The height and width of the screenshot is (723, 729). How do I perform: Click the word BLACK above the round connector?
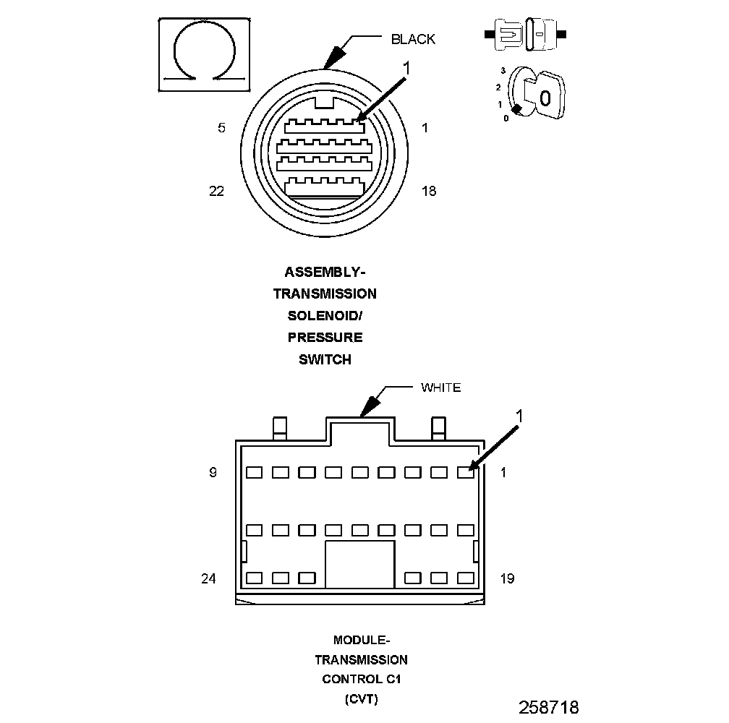pyautogui.click(x=413, y=39)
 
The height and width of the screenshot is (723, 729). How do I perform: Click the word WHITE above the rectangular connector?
pyautogui.click(x=440, y=388)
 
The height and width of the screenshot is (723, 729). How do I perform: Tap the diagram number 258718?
pyautogui.click(x=548, y=706)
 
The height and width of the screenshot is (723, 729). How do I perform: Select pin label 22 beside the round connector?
pyautogui.click(x=216, y=191)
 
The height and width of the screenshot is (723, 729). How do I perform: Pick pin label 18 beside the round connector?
pyautogui.click(x=429, y=191)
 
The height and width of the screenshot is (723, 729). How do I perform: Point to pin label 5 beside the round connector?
pyautogui.click(x=221, y=128)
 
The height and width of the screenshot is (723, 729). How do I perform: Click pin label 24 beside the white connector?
pyautogui.click(x=209, y=578)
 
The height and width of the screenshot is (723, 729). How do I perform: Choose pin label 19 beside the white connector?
pyautogui.click(x=507, y=578)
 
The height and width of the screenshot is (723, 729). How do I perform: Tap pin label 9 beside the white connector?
pyautogui.click(x=213, y=473)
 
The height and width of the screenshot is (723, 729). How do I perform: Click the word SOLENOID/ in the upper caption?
pyautogui.click(x=325, y=316)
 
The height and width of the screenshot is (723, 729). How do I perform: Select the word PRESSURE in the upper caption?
pyautogui.click(x=325, y=338)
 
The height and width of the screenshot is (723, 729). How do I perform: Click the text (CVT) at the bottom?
pyautogui.click(x=361, y=699)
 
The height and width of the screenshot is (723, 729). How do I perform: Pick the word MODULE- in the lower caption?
pyautogui.click(x=361, y=640)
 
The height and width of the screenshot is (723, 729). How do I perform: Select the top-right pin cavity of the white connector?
pyautogui.click(x=466, y=473)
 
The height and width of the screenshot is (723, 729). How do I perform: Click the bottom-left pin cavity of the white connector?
pyautogui.click(x=254, y=578)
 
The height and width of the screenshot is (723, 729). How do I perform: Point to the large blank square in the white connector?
pyautogui.click(x=360, y=564)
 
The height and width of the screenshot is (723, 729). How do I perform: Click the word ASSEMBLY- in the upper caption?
pyautogui.click(x=325, y=273)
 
